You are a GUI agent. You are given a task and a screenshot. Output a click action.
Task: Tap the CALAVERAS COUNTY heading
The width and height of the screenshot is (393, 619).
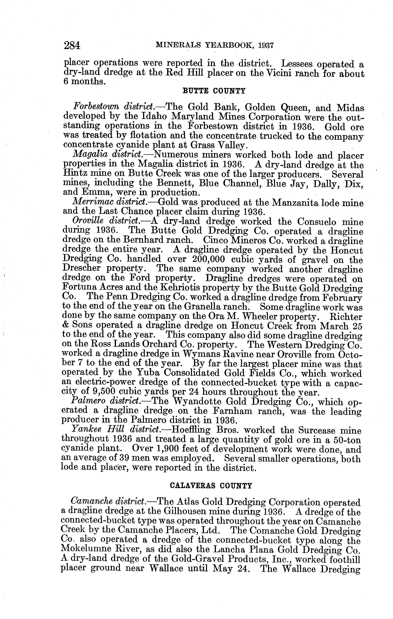point(211,486)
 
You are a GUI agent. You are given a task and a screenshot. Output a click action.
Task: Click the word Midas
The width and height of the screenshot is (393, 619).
point(350,107)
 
